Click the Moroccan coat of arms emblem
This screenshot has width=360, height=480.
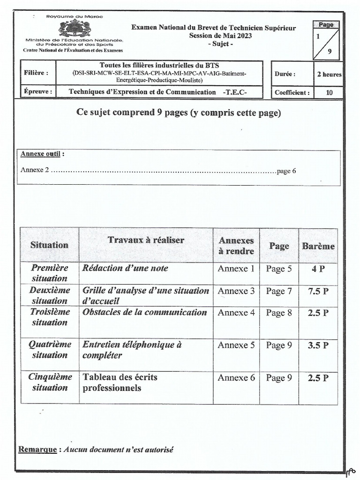click(x=75, y=28)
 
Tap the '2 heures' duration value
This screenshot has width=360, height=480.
click(x=329, y=74)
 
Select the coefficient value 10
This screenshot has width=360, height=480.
click(x=329, y=92)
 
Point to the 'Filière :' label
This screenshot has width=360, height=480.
click(x=36, y=73)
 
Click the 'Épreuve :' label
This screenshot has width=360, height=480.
click(x=38, y=92)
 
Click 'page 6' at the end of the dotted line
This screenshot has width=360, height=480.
click(x=286, y=171)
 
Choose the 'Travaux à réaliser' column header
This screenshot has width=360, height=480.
click(x=146, y=240)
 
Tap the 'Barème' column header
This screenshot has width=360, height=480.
click(x=318, y=246)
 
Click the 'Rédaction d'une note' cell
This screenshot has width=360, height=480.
click(x=125, y=268)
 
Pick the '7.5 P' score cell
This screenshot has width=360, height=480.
click(x=318, y=291)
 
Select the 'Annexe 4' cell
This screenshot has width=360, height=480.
click(x=236, y=313)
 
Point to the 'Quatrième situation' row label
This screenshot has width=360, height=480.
click(x=50, y=349)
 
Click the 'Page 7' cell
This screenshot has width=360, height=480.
click(x=279, y=291)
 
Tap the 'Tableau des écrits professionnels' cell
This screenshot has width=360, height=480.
click(x=120, y=382)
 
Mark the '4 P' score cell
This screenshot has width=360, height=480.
click(x=318, y=269)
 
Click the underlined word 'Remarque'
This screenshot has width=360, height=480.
click(x=37, y=450)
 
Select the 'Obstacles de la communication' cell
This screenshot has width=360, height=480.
click(x=144, y=313)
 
